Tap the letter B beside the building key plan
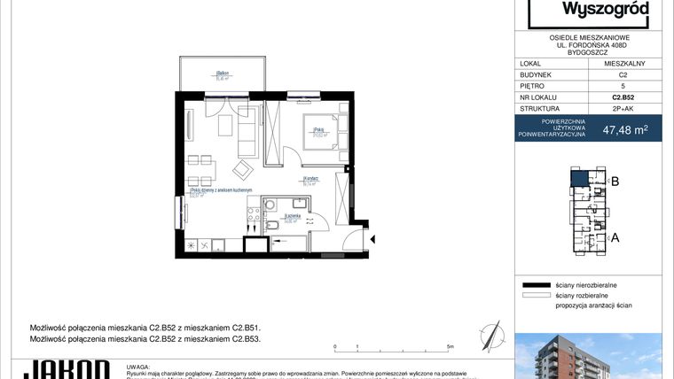tap(615, 182)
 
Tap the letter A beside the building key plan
tap(615, 236)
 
